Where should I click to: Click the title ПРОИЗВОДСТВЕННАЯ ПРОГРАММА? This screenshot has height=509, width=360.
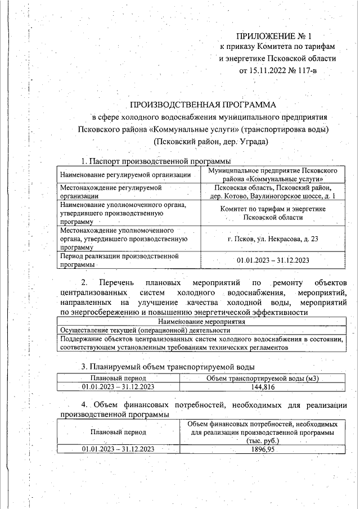coord(203,105)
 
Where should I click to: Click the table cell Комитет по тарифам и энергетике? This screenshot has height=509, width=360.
coord(273,209)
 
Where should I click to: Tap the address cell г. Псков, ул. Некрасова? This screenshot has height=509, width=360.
coord(273,239)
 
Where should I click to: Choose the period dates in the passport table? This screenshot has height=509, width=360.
coord(273,260)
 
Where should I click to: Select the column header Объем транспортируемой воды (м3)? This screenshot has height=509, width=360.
coord(263,379)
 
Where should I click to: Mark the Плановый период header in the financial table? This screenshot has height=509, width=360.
coord(118,432)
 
